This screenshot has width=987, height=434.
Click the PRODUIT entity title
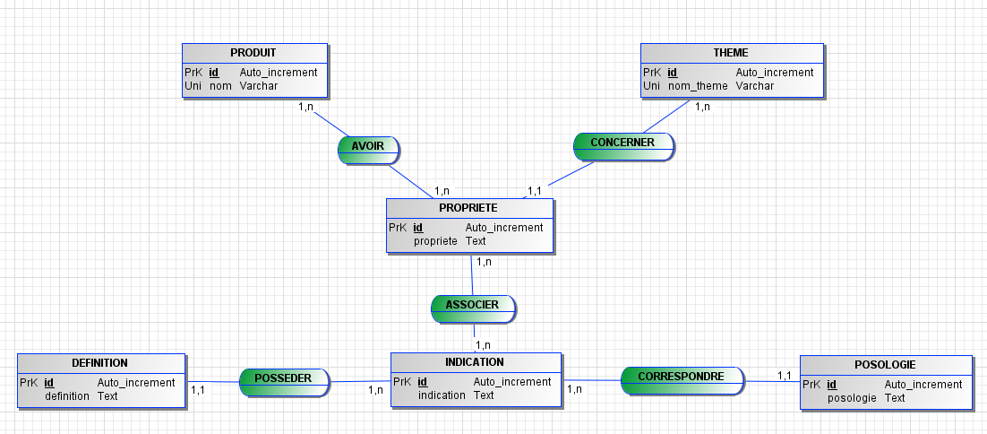253,53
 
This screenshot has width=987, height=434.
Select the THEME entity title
731,53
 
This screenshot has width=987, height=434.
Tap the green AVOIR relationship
367,146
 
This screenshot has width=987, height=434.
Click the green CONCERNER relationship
622,143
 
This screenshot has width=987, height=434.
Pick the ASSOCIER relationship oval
472,305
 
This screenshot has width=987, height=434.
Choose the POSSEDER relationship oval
282,378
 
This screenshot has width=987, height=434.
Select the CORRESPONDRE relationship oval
682,377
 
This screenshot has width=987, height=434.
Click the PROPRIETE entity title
468,208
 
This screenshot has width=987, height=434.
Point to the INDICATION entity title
475,362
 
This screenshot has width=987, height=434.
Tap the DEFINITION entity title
100,363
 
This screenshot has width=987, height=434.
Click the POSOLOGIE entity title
885,365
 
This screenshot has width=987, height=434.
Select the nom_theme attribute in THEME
698,86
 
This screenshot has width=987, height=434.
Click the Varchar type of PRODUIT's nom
259,86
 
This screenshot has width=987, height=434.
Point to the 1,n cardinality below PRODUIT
305,107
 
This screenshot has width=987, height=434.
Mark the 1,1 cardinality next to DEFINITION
198,390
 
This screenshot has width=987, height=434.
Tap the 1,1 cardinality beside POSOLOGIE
784,375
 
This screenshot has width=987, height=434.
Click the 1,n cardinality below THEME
702,107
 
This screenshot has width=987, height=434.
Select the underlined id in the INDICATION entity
422,382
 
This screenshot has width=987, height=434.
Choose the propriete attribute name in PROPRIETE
435,241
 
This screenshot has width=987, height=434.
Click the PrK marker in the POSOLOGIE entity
811,385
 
